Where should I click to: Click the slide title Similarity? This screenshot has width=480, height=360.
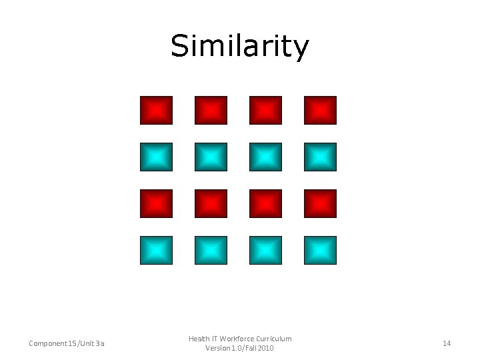240,47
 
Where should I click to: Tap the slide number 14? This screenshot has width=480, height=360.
447,343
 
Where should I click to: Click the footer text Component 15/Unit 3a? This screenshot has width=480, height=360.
66,343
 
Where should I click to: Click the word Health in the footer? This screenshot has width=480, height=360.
199,339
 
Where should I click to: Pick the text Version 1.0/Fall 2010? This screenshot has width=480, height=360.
240,349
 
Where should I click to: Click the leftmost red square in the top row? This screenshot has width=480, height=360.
156,110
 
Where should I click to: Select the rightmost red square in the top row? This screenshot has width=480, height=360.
320,110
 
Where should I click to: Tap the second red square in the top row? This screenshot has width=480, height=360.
211,110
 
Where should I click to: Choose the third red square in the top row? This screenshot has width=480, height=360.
265,110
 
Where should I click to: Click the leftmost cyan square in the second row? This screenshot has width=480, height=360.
156,157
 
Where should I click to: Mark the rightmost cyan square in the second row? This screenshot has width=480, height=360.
320,157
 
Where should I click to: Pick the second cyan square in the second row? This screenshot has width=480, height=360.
211,157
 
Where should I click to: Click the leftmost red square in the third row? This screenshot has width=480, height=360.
156,203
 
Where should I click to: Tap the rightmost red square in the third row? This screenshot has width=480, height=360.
320,203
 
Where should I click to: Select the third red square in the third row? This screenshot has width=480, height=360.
265,203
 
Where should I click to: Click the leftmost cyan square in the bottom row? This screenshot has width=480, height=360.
156,250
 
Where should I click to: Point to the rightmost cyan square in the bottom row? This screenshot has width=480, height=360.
320,250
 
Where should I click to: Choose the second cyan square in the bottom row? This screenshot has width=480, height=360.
211,250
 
